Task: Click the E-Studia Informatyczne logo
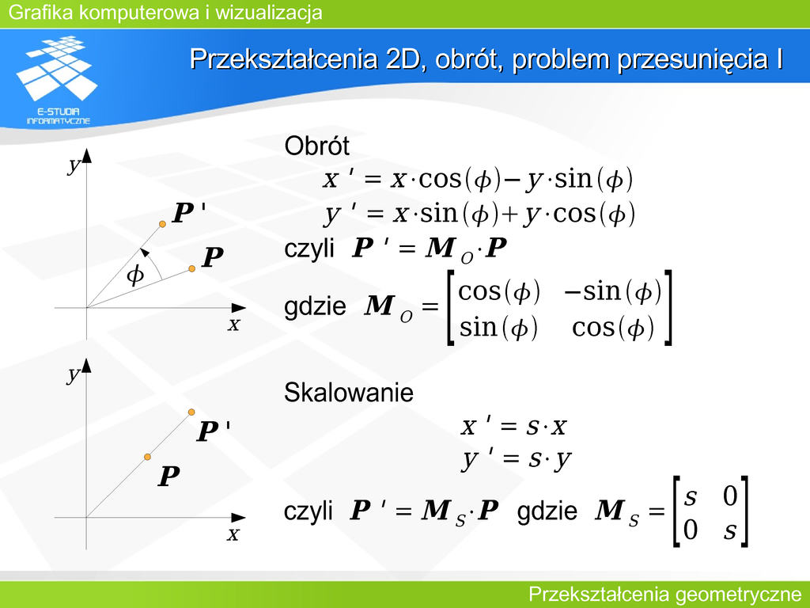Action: point(57,80)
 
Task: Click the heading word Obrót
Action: point(316,146)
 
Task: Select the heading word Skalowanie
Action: point(349,393)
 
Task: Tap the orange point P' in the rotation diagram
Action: point(162,224)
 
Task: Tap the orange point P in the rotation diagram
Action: point(191,268)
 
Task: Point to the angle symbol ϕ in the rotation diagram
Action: point(135,274)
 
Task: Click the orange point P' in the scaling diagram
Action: point(191,412)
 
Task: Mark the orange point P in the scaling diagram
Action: point(147,457)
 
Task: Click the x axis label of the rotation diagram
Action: point(234,325)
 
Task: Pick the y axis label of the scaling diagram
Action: point(74,374)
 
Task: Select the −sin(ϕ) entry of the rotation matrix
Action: point(613,291)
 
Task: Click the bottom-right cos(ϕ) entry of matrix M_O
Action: point(613,328)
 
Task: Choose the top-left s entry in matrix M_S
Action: point(690,497)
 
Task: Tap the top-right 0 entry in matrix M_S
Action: point(729,496)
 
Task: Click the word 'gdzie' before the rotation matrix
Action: point(315,306)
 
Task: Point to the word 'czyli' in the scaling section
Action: point(308,511)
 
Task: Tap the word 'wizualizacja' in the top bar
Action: point(269,12)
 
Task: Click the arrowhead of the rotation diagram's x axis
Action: point(239,308)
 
